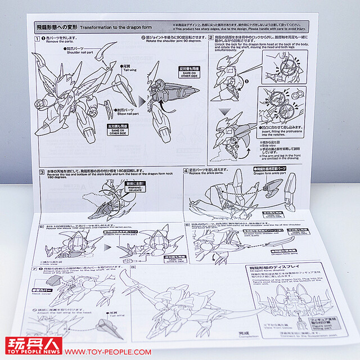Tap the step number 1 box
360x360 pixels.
(36, 39)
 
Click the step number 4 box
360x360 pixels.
(186, 170)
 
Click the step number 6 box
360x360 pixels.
(187, 224)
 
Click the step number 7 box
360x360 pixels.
(35, 269)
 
